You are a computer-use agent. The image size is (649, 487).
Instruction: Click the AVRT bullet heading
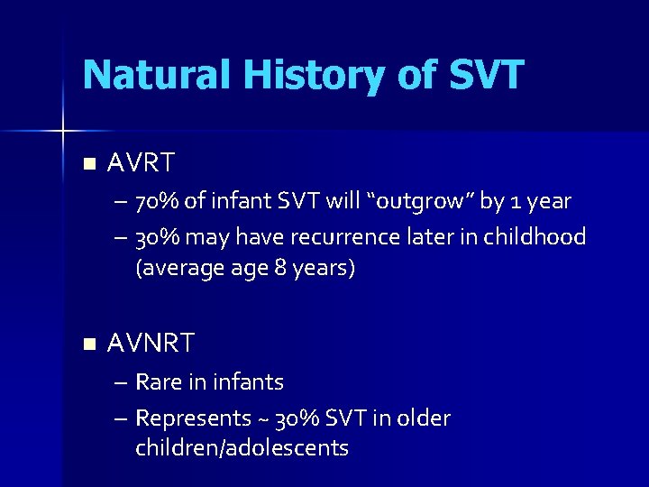pos(141,163)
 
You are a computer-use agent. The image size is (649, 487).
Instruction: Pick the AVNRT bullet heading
pos(151,343)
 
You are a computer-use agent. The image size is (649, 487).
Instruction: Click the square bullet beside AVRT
pos(87,164)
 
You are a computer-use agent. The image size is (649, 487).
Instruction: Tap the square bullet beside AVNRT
pos(87,344)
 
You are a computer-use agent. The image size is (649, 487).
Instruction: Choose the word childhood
pos(538,237)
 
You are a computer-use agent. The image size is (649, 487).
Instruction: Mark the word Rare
pos(158,382)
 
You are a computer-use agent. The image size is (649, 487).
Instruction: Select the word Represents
pos(193,418)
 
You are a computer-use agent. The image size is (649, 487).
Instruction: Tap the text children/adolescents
pos(242,448)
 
